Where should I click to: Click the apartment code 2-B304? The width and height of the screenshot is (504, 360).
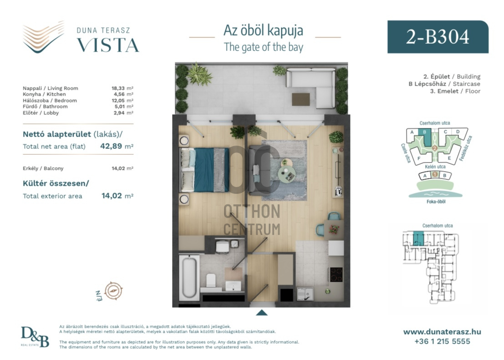point(438,37)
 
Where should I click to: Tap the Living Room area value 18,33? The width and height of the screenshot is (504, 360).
point(118,88)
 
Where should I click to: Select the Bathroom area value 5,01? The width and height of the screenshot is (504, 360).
point(119,106)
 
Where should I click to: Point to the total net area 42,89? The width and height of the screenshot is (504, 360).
point(111,146)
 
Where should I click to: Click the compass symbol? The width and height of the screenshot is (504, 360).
point(113,290)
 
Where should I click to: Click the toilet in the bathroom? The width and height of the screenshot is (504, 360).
point(211,281)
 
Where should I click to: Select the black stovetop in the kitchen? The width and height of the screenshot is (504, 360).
point(336,274)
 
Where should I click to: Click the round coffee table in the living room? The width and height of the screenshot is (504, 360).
point(287,174)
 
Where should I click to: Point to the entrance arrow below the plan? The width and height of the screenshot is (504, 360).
point(262,313)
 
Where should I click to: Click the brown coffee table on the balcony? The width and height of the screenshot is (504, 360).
point(301,99)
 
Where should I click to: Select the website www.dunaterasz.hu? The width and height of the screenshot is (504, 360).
point(442,332)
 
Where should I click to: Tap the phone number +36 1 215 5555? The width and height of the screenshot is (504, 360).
point(442,341)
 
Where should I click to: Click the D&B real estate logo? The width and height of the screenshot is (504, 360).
point(35,337)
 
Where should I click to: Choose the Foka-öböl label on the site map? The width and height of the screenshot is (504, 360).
point(436,202)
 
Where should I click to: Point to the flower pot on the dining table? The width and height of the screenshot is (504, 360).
point(334,229)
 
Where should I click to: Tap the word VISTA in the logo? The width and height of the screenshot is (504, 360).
point(108,46)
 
